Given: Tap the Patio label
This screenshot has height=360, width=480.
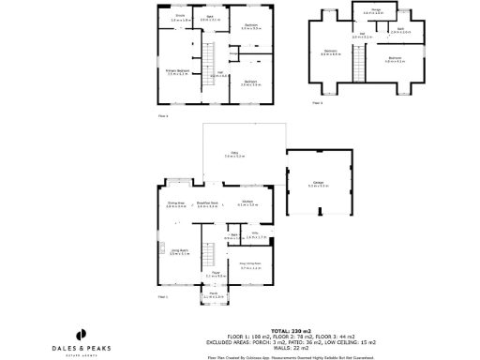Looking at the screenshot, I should (x=233, y=155).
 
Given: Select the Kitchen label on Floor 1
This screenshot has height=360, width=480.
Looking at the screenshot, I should (x=247, y=203).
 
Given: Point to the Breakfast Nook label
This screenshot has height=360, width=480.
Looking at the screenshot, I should (x=207, y=203).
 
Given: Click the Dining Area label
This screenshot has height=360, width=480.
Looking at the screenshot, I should (x=175, y=203).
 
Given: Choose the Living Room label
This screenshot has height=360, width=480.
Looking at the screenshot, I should (x=179, y=252).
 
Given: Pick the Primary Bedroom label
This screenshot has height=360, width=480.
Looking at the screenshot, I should (x=178, y=71).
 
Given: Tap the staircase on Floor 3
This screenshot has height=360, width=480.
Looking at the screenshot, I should (x=356, y=65).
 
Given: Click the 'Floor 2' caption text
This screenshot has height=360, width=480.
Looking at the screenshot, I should (x=162, y=115).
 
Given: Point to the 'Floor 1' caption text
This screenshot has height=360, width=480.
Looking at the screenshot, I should (x=163, y=296).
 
